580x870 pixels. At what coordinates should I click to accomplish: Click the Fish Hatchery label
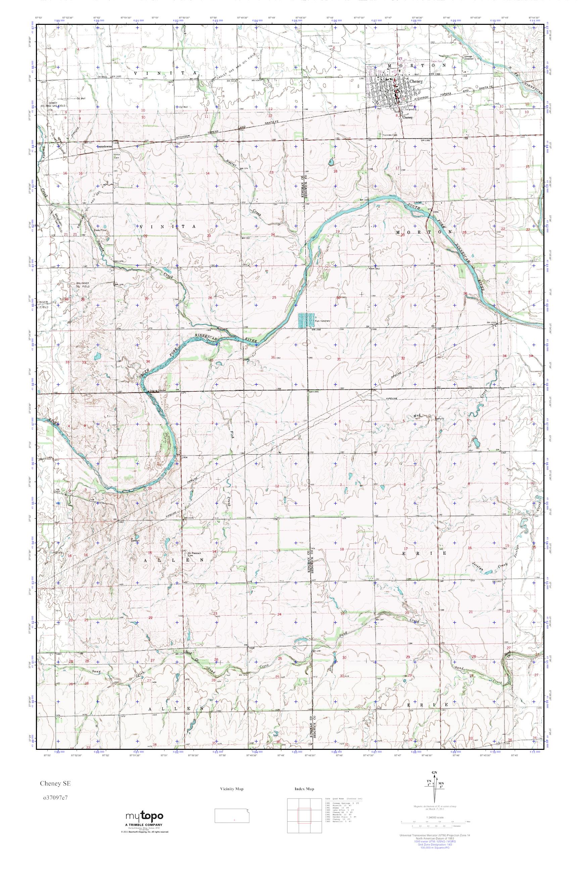(322, 321)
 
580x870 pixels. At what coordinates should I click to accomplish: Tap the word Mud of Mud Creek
(417, 416)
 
